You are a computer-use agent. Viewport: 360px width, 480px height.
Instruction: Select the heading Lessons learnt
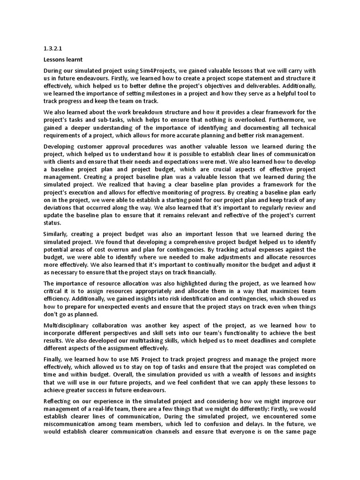pos(63,60)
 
